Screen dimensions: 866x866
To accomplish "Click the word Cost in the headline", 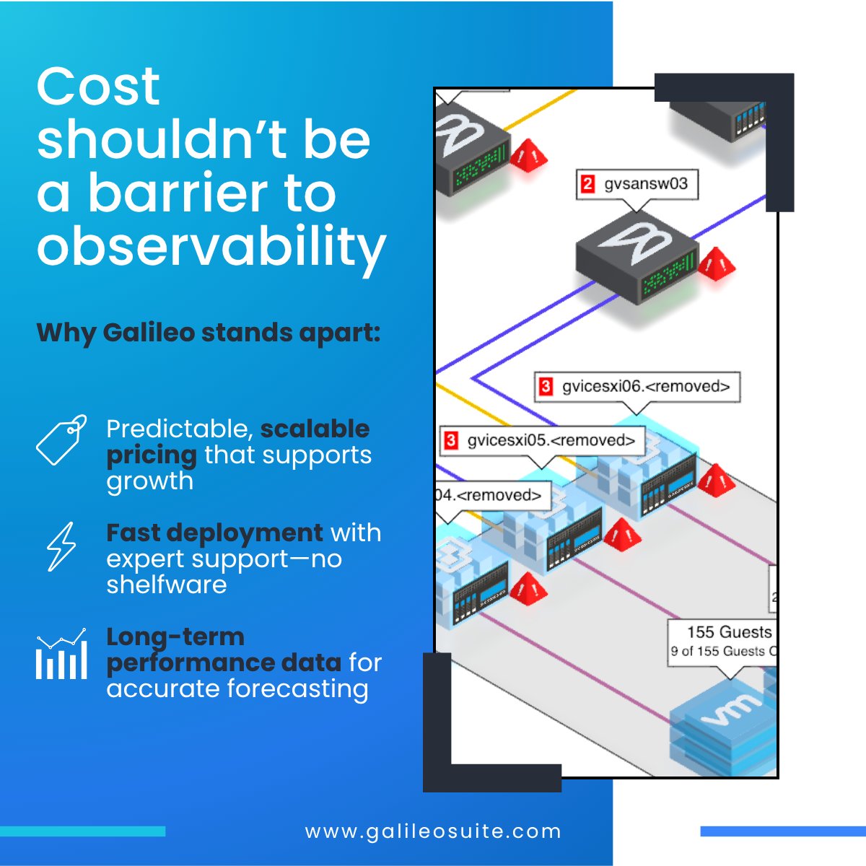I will (98, 87).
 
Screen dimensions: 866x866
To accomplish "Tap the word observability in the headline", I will (211, 248).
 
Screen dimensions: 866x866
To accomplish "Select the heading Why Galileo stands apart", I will (208, 333).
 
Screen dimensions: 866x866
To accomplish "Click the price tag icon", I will (61, 439).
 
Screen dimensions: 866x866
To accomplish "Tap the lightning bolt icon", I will (61, 546).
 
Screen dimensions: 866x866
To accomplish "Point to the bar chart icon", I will (61, 654).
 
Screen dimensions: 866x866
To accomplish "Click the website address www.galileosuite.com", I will (433, 831).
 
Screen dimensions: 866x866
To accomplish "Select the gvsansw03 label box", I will (637, 184).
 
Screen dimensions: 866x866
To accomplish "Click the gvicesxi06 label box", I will (637, 387).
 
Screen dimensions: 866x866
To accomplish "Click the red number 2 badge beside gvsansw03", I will (587, 184).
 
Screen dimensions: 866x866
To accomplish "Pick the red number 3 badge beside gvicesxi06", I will (546, 387).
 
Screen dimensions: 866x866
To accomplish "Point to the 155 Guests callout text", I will (729, 632).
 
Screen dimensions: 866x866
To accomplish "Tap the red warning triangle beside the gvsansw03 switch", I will (715, 265).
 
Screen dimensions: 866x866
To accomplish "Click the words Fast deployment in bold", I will (214, 533).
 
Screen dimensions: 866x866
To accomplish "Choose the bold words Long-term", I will (175, 637).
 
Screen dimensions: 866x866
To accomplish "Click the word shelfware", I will (167, 585).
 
